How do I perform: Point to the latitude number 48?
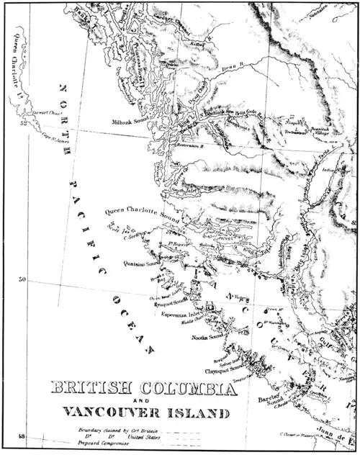tap(22, 436)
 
